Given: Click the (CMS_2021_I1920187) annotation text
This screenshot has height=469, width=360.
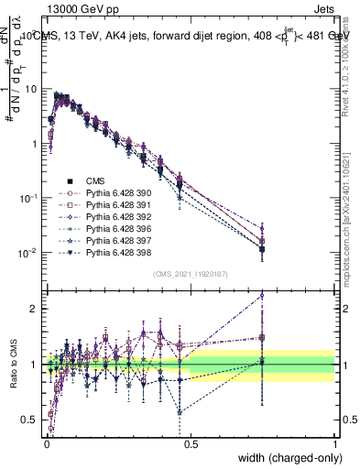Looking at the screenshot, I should pyautogui.click(x=191, y=274).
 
